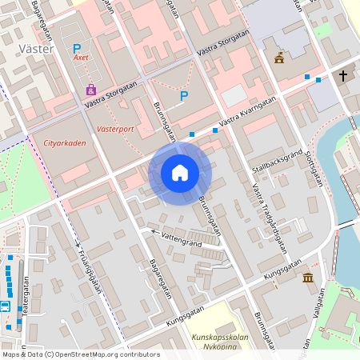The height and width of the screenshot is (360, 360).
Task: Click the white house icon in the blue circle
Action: click(180, 172)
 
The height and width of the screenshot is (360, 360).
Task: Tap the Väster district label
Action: click(35, 49)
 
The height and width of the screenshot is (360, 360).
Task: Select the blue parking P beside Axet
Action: click(77, 47)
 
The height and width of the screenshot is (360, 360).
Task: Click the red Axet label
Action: click(80, 58)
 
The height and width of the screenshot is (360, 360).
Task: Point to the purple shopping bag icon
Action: click(90, 90)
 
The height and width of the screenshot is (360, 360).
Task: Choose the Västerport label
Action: click(114, 128)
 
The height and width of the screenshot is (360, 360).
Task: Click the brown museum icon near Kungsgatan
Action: click(308, 278)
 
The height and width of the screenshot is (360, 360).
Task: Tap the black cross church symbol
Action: click(344, 76)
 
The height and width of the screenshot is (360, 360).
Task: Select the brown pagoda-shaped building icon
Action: click(278, 58)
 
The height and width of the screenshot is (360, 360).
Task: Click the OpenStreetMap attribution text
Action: click(80, 354)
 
